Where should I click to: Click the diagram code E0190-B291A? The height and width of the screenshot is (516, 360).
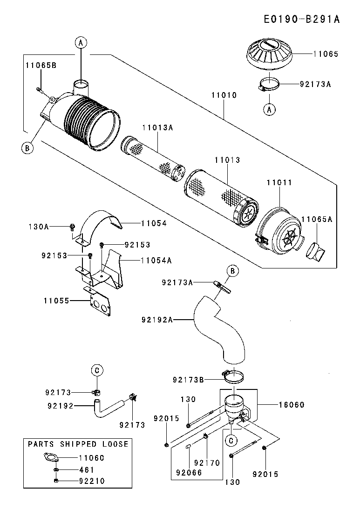point(301,19)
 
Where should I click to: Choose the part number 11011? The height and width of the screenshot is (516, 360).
point(279,183)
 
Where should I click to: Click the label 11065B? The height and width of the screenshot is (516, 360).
point(41,65)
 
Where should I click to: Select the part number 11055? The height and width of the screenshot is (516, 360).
point(57,301)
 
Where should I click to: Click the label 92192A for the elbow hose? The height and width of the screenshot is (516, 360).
point(157,319)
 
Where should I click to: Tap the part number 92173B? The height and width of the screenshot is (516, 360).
point(188,380)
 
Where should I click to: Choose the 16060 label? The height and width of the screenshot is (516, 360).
point(291,405)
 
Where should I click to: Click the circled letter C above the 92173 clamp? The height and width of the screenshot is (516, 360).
point(97,370)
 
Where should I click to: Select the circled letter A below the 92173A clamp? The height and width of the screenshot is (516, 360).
point(269,109)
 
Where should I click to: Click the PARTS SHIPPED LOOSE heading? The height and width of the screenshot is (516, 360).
point(78,444)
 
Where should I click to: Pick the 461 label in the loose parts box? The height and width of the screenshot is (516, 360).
point(87,470)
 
